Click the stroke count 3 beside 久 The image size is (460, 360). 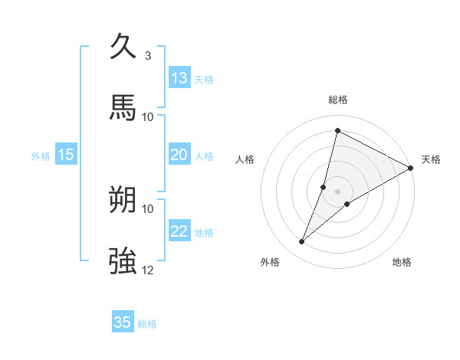148,55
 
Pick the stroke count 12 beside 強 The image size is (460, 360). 148,270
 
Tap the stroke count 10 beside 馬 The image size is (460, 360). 148,116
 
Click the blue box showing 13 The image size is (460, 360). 179,78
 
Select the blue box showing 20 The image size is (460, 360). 179,155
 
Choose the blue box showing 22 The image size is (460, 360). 179,231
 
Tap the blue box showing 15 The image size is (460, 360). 66,155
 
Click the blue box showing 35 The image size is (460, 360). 123,322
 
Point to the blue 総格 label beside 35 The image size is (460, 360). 147,324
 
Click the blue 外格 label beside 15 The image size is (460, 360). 41,156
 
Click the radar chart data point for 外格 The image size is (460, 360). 302,242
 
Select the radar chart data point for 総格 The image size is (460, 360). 337,130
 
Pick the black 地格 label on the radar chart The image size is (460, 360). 402,262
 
